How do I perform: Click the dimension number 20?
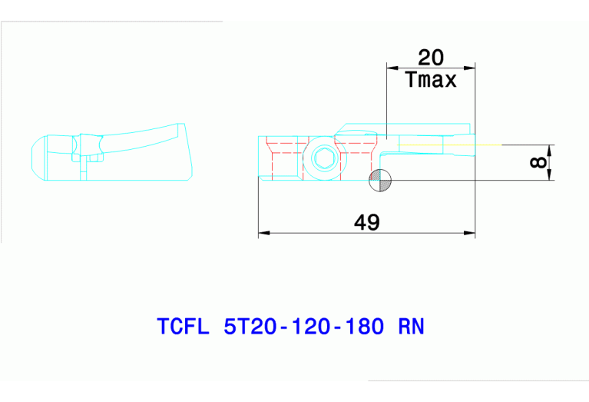(431, 57)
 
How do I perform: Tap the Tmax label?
(431, 79)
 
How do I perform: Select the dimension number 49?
(367, 222)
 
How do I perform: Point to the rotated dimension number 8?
(538, 162)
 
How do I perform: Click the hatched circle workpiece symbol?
(380, 181)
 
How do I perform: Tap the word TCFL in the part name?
(183, 326)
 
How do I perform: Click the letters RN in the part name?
(411, 326)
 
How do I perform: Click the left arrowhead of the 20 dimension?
(392, 68)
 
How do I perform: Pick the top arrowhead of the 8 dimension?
(550, 148)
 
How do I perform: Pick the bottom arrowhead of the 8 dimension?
(550, 176)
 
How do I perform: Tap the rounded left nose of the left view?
(34, 158)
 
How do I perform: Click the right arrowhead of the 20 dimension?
(470, 68)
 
